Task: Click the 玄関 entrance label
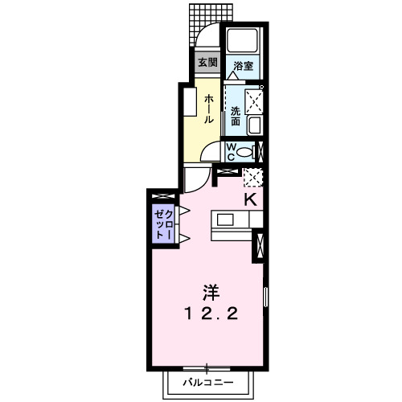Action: [207, 63]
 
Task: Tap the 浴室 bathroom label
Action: [244, 66]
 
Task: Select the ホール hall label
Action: [208, 109]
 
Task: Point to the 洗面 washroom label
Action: [235, 115]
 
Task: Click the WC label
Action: [230, 151]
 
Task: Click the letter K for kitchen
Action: [250, 199]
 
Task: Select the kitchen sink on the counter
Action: [223, 219]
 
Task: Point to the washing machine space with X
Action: [255, 99]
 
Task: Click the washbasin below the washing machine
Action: [255, 125]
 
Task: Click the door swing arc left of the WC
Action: [211, 153]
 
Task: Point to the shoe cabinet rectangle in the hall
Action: [190, 103]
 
